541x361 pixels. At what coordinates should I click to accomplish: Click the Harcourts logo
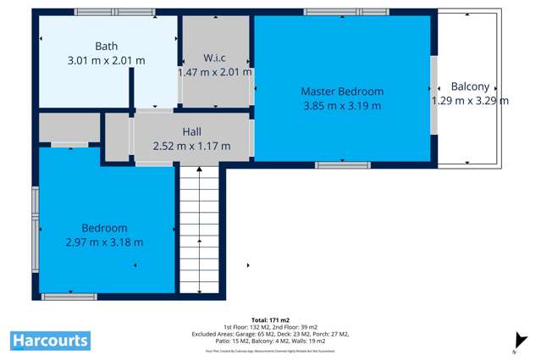50,341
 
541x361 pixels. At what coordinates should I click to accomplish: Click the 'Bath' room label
106,47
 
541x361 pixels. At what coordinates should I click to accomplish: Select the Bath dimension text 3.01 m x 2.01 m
106,61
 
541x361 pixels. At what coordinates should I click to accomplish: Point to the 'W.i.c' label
214,58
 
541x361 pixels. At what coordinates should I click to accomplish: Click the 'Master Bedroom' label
342,92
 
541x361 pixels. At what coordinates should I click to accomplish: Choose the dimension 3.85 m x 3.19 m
342,106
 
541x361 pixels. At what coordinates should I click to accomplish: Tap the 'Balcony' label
470,86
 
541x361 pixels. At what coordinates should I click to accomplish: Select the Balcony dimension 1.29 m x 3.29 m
470,101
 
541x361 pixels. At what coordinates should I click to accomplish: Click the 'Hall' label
192,131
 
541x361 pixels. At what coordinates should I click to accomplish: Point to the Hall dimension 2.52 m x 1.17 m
192,146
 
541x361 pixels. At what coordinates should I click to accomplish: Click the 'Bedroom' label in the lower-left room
104,228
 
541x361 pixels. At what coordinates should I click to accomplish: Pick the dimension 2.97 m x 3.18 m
104,242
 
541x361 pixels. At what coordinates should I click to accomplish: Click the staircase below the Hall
200,229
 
